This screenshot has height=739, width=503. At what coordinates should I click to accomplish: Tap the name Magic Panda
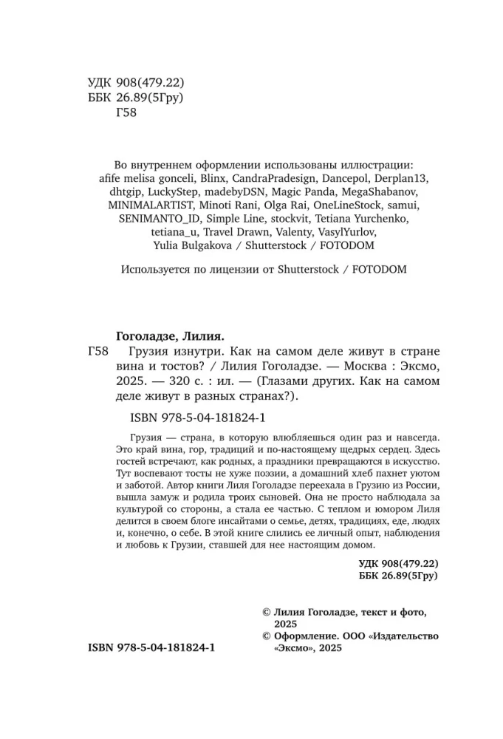pyautogui.click(x=292, y=192)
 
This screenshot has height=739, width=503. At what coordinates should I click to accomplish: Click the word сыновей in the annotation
pyautogui.click(x=295, y=497)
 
